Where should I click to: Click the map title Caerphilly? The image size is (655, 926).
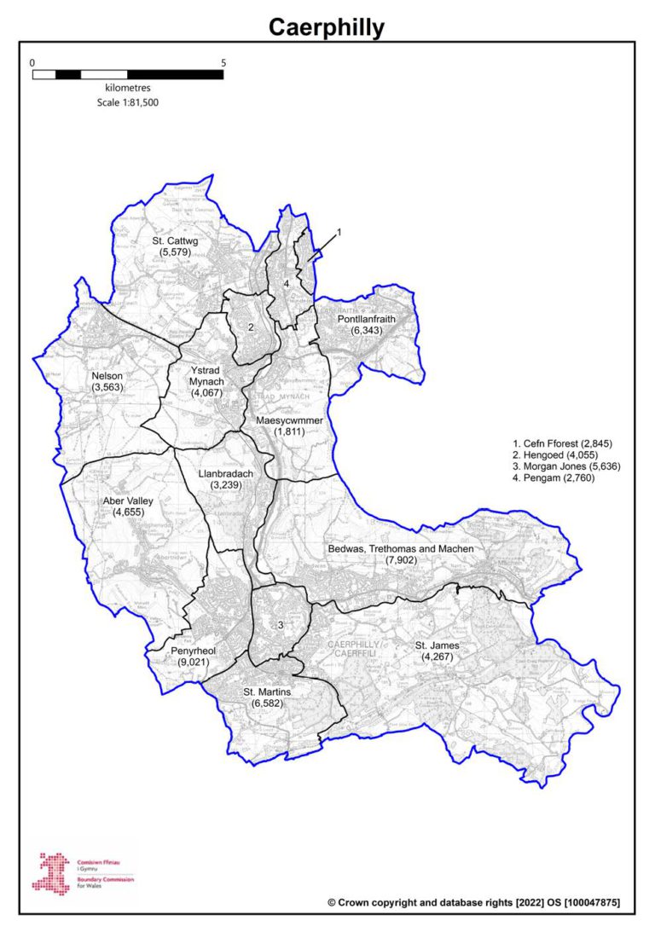tap(327, 27)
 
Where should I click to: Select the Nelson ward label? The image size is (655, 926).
tap(108, 381)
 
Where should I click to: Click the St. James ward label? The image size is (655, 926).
tap(438, 651)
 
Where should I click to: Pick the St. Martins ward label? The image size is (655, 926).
tap(267, 697)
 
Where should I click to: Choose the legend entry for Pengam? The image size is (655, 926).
tap(554, 477)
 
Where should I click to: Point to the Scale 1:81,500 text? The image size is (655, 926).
tap(128, 102)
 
